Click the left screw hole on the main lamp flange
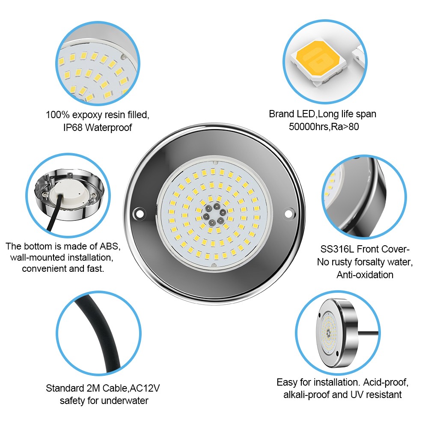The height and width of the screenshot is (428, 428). click(x=139, y=213)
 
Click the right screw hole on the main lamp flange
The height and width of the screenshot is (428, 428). click(x=288, y=214)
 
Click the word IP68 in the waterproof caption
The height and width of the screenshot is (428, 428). click(x=73, y=128)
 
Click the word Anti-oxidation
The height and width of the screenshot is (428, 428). click(x=365, y=275)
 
